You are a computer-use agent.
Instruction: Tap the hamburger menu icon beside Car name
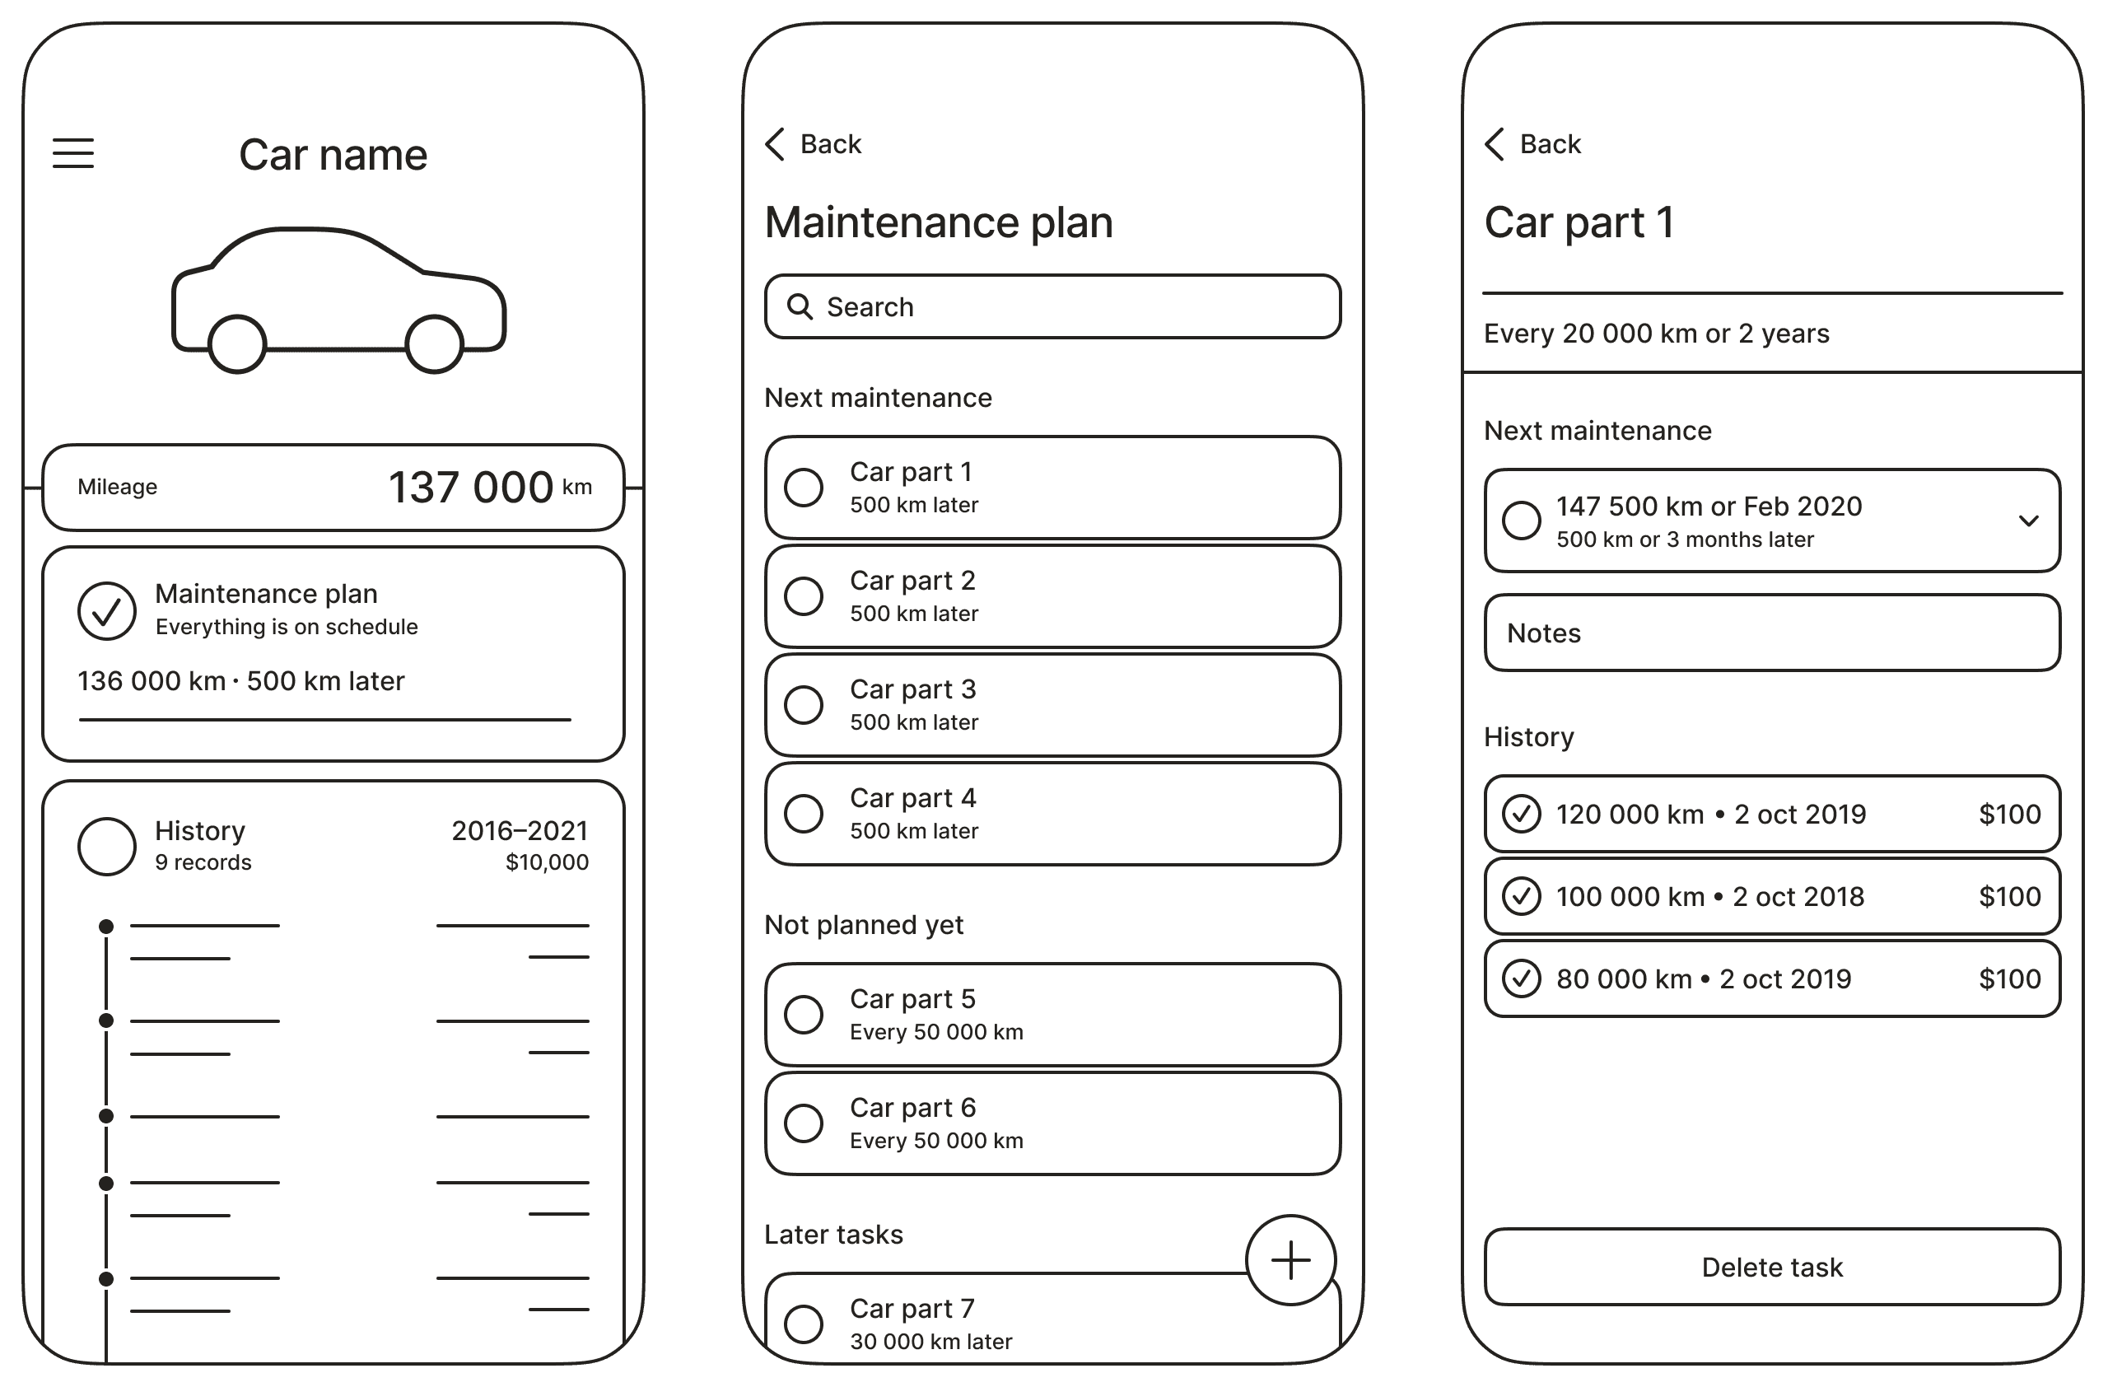[72, 153]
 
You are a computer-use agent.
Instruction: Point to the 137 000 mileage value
[470, 487]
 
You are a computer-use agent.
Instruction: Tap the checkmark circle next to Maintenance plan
[106, 610]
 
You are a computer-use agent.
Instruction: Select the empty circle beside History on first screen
[106, 846]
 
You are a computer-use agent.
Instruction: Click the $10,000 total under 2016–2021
[547, 862]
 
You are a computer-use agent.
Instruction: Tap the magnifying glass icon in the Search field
[800, 306]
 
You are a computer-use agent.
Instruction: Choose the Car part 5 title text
[912, 999]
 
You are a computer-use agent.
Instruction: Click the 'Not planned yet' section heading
[864, 925]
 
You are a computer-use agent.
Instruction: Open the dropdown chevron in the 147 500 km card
[2028, 521]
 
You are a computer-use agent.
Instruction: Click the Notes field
[1772, 633]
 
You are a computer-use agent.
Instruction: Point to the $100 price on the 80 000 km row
[2010, 978]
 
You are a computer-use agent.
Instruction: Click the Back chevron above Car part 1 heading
[1495, 143]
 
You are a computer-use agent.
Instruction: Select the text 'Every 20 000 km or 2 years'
[1656, 334]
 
